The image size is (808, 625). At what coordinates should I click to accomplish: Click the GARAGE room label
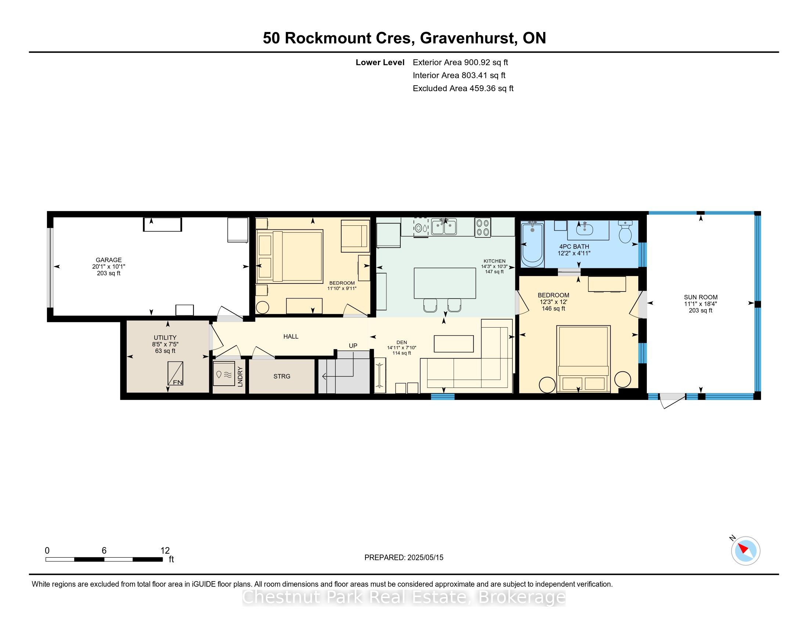(x=109, y=260)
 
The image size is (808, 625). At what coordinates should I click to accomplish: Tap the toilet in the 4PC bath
(x=625, y=232)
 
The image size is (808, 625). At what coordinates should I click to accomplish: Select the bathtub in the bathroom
(x=533, y=244)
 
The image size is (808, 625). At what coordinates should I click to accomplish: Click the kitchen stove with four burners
(x=483, y=227)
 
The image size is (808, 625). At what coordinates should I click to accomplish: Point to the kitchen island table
(x=445, y=283)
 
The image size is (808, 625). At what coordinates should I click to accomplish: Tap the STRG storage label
(x=282, y=376)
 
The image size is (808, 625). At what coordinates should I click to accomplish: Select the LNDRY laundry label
(x=240, y=376)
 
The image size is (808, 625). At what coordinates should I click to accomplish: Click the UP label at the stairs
(x=353, y=346)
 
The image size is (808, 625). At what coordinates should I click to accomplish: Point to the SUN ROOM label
(x=701, y=297)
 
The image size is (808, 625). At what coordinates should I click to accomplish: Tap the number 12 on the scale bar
(x=165, y=550)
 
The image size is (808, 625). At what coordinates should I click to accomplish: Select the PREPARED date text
(x=404, y=557)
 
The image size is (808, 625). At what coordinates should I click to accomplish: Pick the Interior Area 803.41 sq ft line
(x=459, y=75)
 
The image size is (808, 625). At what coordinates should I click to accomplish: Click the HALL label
(x=291, y=336)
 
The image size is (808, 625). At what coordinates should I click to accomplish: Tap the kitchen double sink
(x=444, y=226)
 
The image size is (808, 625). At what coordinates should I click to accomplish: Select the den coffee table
(x=454, y=344)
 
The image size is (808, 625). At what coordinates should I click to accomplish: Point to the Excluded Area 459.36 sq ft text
(x=463, y=89)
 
